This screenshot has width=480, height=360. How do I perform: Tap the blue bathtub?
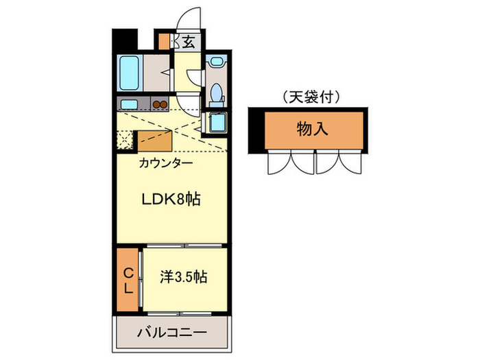coord(130,73)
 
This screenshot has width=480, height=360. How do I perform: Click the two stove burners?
coord(160,105)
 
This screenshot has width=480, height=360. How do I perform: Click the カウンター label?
coord(165,163)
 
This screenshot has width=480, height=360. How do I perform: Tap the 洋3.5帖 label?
coord(184,278)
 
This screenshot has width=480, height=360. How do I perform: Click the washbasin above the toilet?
coord(217,62)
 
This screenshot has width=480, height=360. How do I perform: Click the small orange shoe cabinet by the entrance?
coord(164,41)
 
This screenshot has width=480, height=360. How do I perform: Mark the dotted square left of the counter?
coord(125,141)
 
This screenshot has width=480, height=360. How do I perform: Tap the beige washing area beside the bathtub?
coord(157,73)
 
